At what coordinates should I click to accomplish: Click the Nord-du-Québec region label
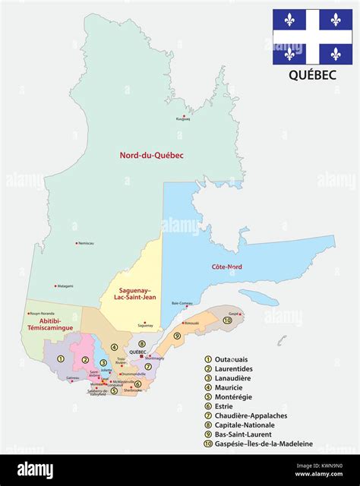click(x=151, y=156)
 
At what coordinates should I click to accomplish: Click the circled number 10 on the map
click(x=228, y=320)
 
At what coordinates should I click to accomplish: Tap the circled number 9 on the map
click(x=177, y=336)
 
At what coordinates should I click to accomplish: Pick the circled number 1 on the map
click(x=50, y=358)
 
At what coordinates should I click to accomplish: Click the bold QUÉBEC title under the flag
click(x=311, y=76)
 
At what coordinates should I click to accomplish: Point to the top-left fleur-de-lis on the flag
click(x=289, y=19)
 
